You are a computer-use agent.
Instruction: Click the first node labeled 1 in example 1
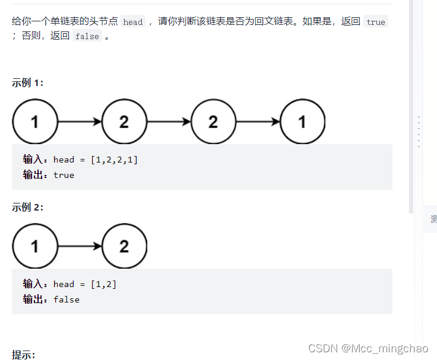coord(34,122)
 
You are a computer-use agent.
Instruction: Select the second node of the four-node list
coord(124,122)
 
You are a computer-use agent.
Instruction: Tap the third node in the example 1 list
coord(213,122)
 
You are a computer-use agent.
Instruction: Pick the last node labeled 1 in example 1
coord(302,122)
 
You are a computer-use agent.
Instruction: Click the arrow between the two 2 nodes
coord(169,122)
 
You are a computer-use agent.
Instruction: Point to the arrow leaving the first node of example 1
coord(80,122)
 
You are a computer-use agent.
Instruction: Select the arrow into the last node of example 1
coord(258,122)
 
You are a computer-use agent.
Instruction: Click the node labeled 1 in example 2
coord(34,246)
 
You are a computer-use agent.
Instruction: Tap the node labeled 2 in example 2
coord(124,246)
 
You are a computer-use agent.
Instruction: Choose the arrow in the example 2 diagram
coord(80,246)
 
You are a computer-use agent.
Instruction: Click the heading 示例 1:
coord(27,83)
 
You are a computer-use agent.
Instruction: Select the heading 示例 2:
coord(27,207)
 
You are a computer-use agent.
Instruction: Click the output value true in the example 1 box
coord(64,175)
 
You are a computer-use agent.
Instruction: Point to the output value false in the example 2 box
coord(66,300)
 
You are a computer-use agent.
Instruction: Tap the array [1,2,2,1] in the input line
coord(114,160)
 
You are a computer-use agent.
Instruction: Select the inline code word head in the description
coord(133,22)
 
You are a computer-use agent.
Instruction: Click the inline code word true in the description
coord(375,22)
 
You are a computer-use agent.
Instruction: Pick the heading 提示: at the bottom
coord(24,355)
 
